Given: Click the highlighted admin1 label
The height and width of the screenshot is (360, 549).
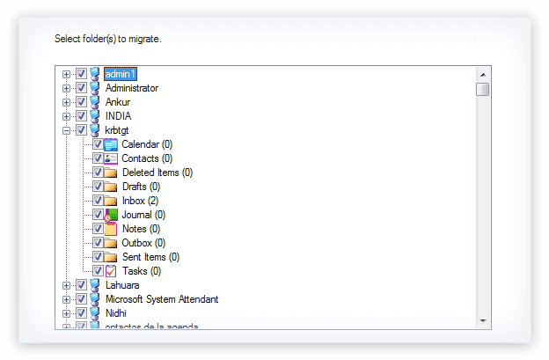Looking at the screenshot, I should point(121,74).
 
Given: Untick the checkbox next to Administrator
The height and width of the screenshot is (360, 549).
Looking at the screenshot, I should point(81,88).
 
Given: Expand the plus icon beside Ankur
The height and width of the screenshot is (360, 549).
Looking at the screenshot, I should point(67,102).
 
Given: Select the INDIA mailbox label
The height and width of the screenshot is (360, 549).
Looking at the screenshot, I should point(118,116).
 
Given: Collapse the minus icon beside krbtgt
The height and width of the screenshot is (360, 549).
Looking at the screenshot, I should point(67,130).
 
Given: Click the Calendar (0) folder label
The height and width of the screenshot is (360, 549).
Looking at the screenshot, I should point(147,144).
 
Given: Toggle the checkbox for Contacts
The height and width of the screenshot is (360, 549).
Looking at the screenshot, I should point(98,158).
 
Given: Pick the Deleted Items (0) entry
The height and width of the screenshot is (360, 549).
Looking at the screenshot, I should point(157,173).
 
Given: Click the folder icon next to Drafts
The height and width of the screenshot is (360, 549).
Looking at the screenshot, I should point(111,187).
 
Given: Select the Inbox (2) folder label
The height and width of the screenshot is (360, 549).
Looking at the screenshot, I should point(140,201).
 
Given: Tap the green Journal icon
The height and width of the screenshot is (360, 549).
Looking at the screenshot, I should point(111,215).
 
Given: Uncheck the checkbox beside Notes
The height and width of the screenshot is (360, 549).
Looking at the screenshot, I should point(98,229).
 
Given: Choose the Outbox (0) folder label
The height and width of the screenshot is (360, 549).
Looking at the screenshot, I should point(143,243).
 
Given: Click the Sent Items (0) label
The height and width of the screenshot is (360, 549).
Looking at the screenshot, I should point(150,257).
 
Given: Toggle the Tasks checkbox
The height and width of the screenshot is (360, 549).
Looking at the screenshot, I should point(98,271).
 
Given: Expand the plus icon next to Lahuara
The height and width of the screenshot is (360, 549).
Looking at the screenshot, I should point(67,285).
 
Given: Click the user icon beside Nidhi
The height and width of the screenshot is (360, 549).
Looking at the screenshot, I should point(94,313).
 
